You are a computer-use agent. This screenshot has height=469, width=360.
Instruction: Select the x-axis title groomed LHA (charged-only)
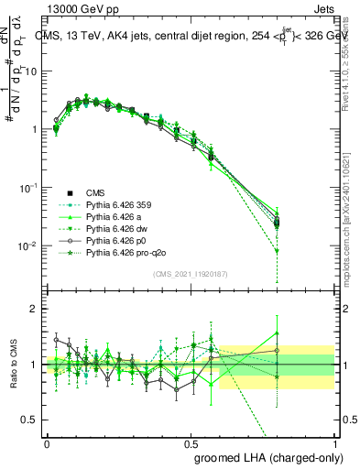264,456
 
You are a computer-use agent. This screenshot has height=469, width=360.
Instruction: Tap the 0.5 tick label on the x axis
191,442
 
